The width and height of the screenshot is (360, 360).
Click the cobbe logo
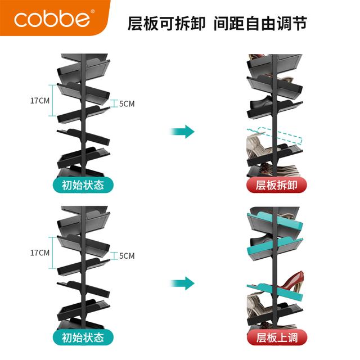[x=52, y=20]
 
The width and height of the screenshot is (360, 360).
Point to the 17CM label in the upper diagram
[x=40, y=101]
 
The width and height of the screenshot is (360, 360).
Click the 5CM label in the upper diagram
[x=127, y=103]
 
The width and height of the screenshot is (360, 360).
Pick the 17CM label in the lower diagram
[x=40, y=253]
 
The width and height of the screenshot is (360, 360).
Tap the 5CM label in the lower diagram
[x=127, y=255]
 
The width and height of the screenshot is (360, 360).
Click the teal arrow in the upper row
[x=182, y=132]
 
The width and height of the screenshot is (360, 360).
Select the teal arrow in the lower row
[x=182, y=283]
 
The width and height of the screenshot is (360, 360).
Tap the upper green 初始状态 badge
[x=83, y=185]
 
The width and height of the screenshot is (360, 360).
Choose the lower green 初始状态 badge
[x=83, y=337]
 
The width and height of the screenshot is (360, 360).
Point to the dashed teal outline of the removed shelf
[x=275, y=136]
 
